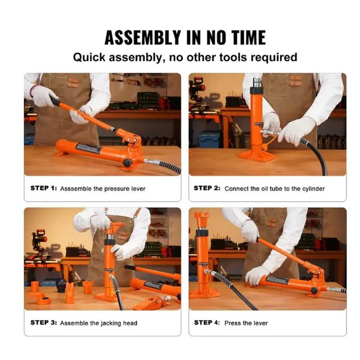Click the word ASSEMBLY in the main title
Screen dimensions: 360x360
click(143, 38)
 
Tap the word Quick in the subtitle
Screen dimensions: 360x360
click(89, 58)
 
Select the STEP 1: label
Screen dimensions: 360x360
click(43, 188)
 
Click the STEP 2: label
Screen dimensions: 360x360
click(207, 188)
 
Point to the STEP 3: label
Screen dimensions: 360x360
click(44, 322)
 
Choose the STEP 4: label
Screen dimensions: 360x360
click(207, 322)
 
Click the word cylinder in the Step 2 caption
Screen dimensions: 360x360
click(313, 189)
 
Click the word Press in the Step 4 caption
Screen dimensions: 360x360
click(231, 323)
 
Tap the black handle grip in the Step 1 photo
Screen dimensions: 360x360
click(55, 100)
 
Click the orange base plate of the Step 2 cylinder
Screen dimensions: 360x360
click(257, 157)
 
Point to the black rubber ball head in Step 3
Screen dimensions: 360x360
click(61, 285)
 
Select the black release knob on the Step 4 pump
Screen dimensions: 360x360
click(313, 291)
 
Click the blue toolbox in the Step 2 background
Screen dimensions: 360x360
click(209, 139)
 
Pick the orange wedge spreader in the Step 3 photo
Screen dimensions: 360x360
click(152, 302)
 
